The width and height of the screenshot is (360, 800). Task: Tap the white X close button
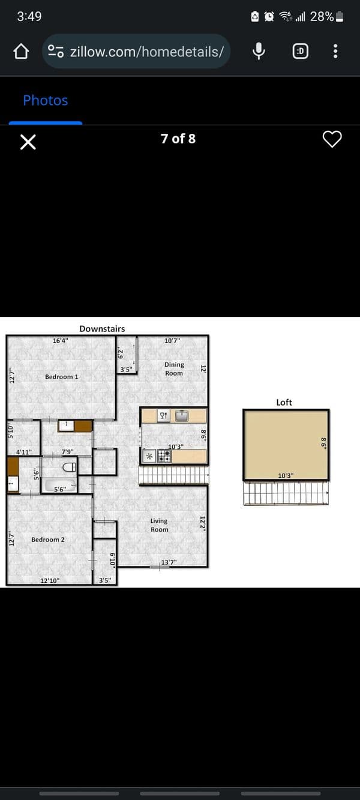click(28, 142)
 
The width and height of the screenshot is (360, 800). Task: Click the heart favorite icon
click(332, 139)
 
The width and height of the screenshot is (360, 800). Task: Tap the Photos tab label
click(46, 100)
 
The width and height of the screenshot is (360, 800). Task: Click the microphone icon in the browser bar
click(259, 51)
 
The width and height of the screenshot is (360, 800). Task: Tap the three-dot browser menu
click(335, 51)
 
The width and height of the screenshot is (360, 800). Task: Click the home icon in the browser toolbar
click(21, 52)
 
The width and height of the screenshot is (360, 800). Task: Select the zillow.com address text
click(147, 52)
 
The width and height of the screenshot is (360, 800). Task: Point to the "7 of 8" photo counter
click(178, 139)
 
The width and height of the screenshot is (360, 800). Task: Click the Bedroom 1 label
click(61, 377)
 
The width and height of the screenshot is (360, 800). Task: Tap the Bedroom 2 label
click(48, 540)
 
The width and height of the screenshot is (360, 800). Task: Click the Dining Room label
click(174, 369)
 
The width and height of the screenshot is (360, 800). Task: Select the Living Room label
click(159, 525)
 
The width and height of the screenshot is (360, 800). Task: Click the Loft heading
click(284, 403)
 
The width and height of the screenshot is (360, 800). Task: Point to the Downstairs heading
click(102, 329)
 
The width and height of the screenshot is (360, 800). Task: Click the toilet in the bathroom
click(69, 467)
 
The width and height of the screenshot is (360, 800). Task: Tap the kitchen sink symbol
click(182, 416)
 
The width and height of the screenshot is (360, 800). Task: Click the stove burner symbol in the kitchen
click(164, 456)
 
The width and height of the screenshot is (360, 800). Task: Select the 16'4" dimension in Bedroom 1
click(61, 341)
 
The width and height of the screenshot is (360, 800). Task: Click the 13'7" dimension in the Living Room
click(169, 562)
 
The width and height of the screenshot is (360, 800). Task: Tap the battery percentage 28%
click(322, 16)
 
